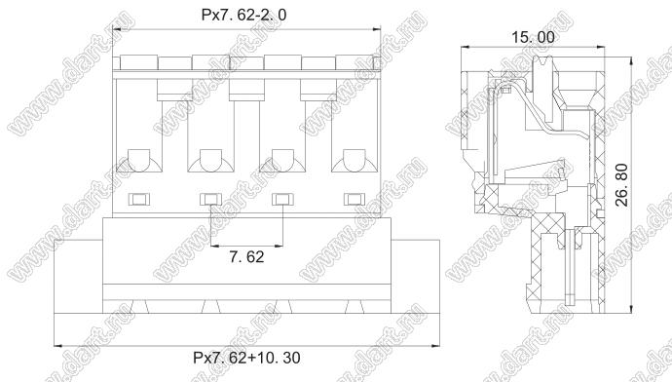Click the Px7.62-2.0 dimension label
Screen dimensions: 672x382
click(x=243, y=15)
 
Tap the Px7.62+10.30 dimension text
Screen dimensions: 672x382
click(x=246, y=358)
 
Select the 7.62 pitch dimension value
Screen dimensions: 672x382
click(x=246, y=257)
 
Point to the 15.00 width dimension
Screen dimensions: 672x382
click(x=533, y=37)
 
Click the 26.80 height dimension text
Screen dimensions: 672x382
click(x=621, y=185)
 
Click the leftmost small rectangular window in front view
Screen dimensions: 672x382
click(x=139, y=199)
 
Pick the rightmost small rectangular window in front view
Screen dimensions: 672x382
click(x=355, y=199)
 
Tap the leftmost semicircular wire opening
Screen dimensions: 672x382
click(x=139, y=161)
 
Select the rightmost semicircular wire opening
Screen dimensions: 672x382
click(x=355, y=161)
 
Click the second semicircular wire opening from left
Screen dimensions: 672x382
click(x=211, y=161)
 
